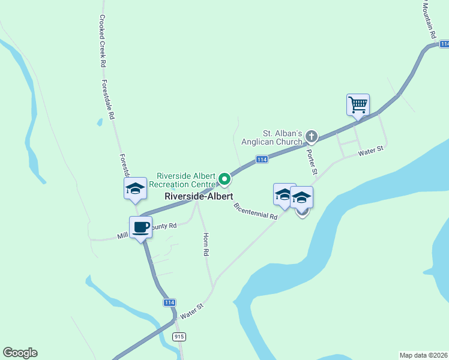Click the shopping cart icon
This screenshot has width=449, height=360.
[358, 104]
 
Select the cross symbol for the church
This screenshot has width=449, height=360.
[311, 136]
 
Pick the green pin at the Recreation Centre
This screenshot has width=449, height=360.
[224, 179]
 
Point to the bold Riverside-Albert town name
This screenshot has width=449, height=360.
[199, 196]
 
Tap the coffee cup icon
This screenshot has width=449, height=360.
[141, 227]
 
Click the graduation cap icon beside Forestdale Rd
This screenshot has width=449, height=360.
[135, 189]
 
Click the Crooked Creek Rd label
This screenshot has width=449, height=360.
[103, 41]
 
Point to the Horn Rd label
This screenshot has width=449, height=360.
[206, 245]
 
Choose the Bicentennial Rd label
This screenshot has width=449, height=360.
[256, 211]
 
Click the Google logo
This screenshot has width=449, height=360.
[20, 353]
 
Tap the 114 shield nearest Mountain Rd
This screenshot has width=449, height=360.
[444, 44]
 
